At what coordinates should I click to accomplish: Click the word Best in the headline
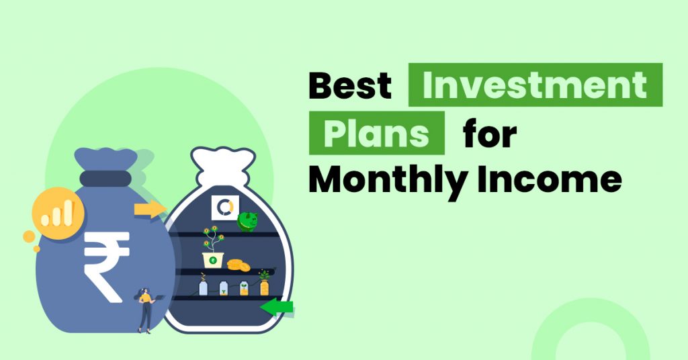[350, 85]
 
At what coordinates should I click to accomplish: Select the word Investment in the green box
[535, 85]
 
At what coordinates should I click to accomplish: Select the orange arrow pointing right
[149, 209]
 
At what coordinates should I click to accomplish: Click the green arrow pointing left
[276, 308]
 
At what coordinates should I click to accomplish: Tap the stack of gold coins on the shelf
[238, 265]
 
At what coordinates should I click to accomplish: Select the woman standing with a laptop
[144, 310]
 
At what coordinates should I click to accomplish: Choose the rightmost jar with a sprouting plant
[264, 285]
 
